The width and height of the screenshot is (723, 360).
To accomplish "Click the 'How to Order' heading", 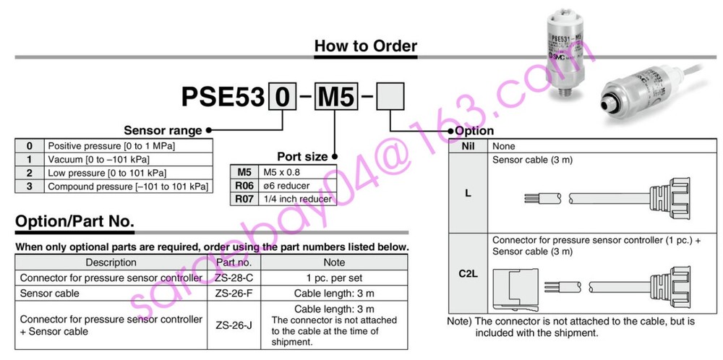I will [365, 46].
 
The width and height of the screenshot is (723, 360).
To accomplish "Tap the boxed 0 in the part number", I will [281, 97].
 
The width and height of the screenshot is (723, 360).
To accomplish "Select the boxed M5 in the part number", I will [333, 97].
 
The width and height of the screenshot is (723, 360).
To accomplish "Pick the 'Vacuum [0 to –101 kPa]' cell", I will [128, 160].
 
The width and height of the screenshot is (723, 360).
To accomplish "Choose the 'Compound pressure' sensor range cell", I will [128, 187].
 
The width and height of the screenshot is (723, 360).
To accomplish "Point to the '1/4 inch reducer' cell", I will [297, 199].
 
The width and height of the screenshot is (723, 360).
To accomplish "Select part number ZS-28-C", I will [234, 278].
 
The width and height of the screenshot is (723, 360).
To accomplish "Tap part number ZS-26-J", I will [234, 325].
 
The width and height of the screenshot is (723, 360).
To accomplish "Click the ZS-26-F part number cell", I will [234, 293].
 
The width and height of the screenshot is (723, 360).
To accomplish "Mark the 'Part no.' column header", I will [234, 262].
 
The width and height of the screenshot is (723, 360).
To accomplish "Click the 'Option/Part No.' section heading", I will [74, 221].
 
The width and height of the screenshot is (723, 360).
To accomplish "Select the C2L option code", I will [468, 275].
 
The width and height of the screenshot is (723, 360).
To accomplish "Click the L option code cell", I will [468, 193].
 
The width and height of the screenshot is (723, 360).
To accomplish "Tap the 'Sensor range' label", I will [163, 131].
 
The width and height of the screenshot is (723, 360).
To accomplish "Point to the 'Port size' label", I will [302, 155].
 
